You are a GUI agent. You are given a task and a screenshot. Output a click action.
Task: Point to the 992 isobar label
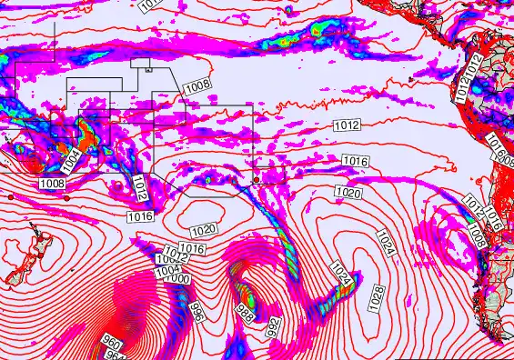coord(273,326)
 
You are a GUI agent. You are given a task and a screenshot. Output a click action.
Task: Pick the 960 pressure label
coord(111,344)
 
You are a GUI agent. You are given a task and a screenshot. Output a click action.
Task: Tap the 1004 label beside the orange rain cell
coord(72,162)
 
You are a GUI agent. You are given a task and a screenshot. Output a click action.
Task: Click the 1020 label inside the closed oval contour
coord(204,230)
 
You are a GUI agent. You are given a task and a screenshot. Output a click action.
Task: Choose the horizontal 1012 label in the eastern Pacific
coord(348,125)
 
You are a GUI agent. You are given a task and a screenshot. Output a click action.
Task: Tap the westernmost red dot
coord(9,196)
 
